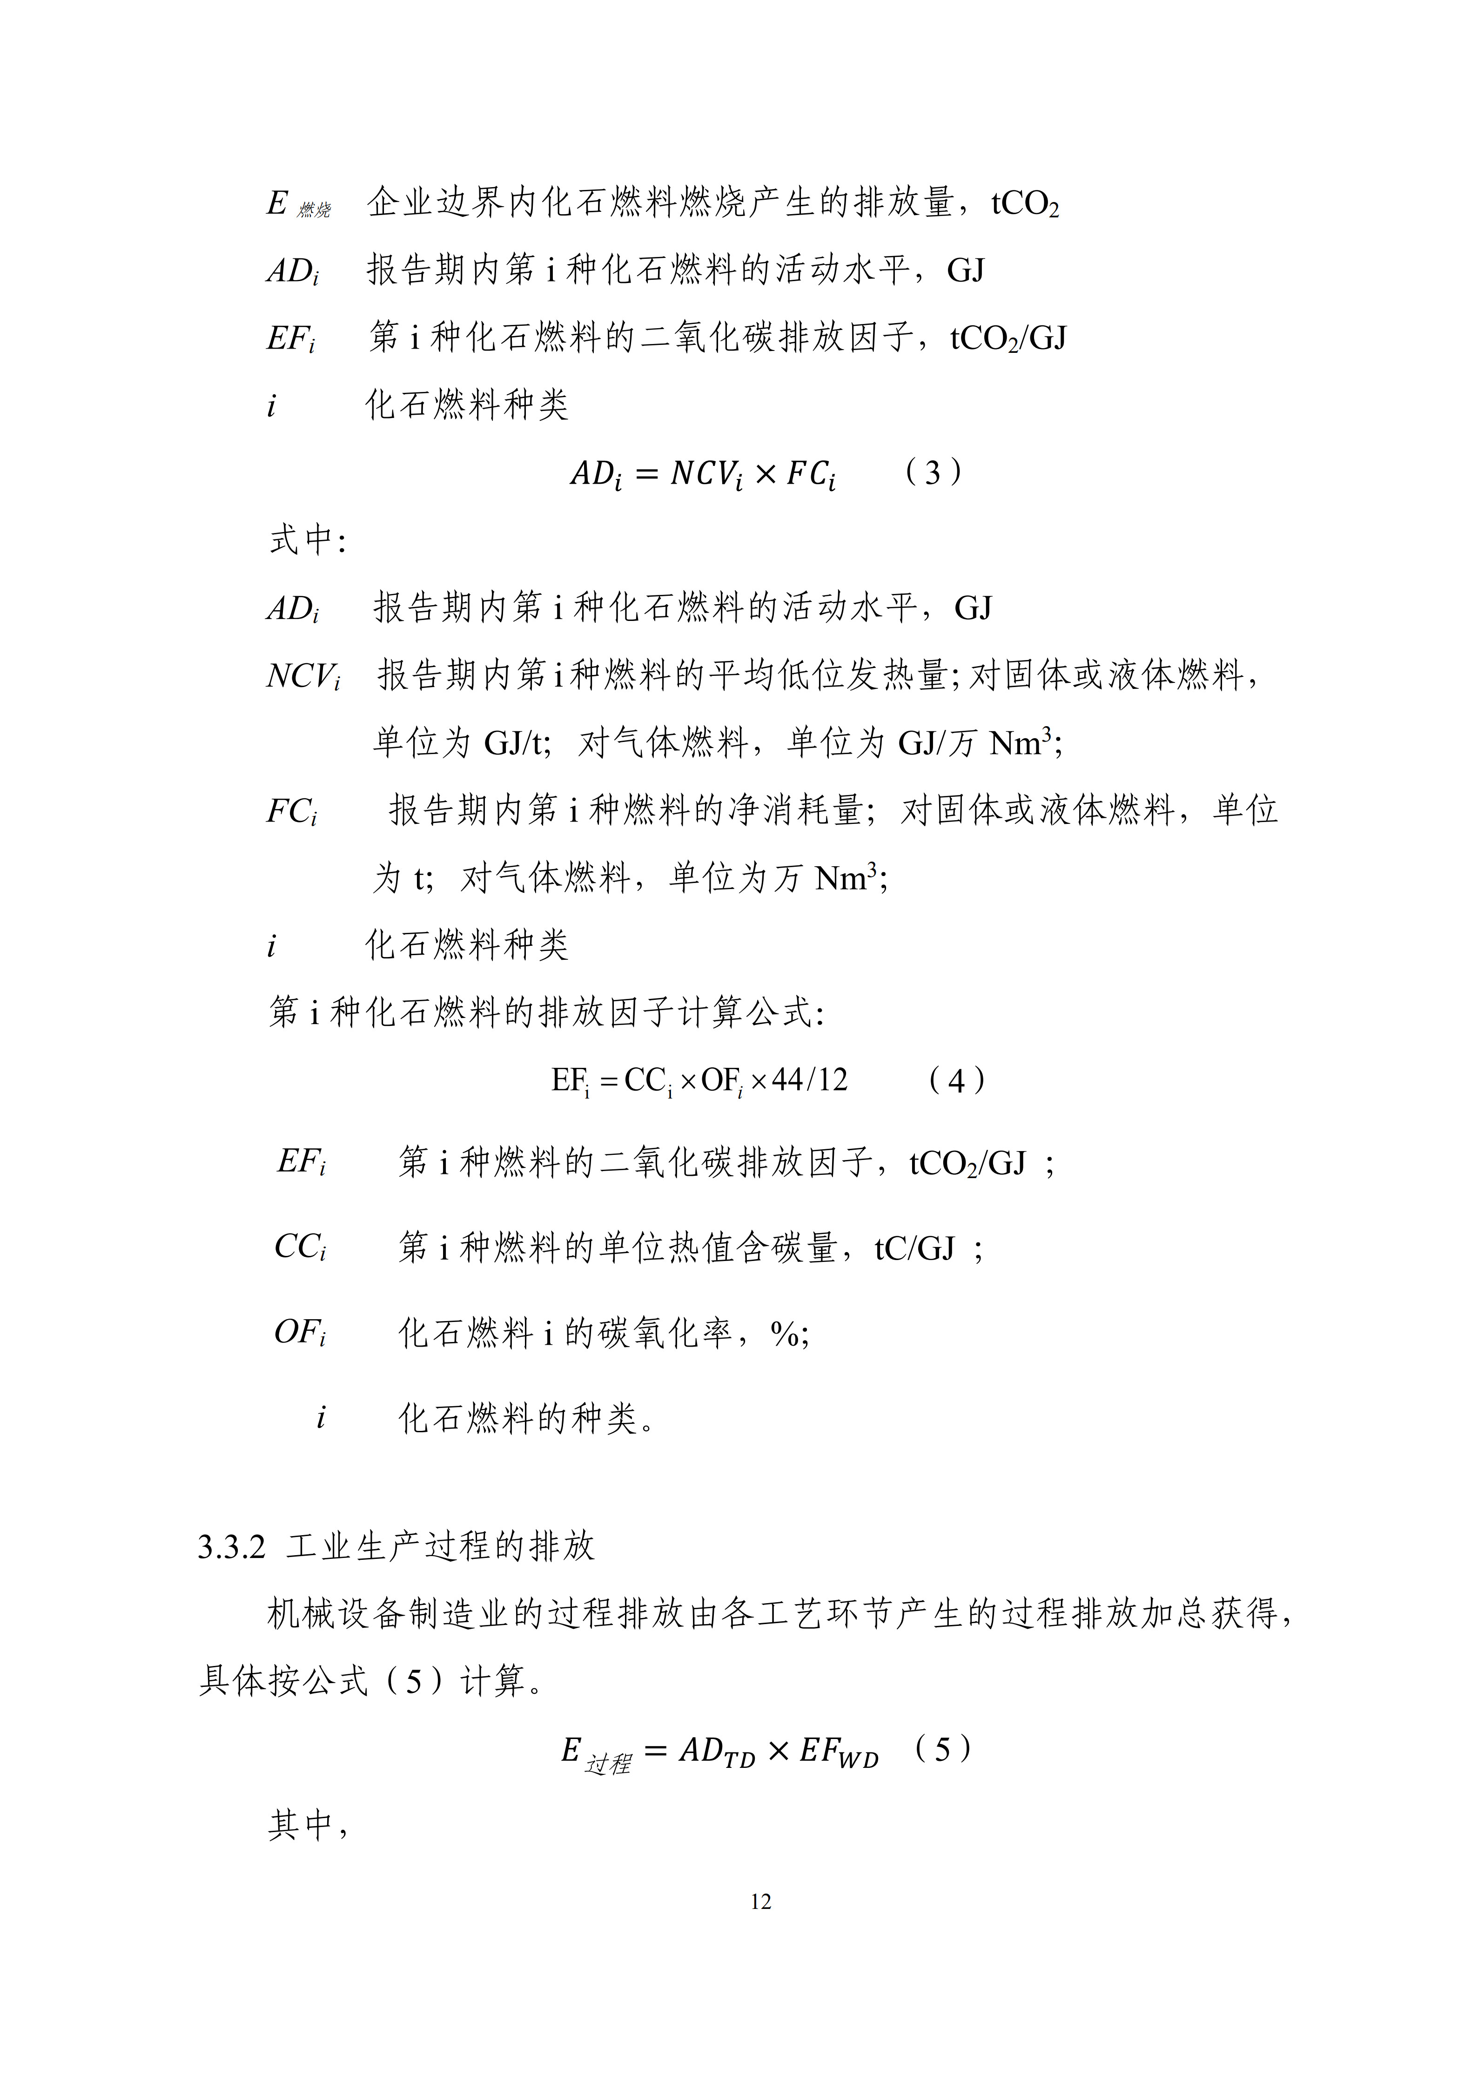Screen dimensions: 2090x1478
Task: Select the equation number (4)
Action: (955, 1080)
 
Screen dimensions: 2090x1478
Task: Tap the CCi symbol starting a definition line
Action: (299, 1247)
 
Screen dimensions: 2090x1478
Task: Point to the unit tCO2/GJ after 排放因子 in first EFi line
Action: (1008, 338)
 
